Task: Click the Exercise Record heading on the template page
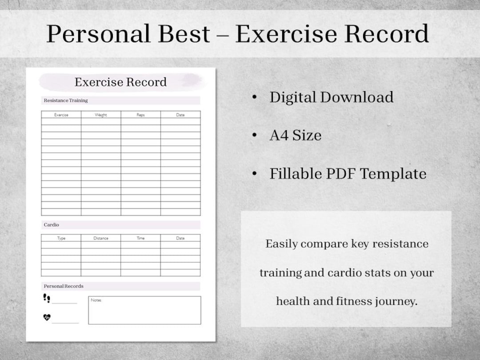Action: pyautogui.click(x=120, y=82)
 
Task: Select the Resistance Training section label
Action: pyautogui.click(x=66, y=100)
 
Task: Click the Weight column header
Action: pyautogui.click(x=101, y=115)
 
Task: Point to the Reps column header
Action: pyautogui.click(x=140, y=115)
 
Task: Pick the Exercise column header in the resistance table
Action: pyautogui.click(x=61, y=115)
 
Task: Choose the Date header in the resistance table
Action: pyautogui.click(x=180, y=115)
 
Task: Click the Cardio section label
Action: pyautogui.click(x=52, y=225)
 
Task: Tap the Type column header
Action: pyautogui.click(x=61, y=238)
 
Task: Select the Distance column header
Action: pyautogui.click(x=101, y=238)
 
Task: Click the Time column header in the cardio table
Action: pyautogui.click(x=140, y=238)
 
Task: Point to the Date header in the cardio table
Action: pyautogui.click(x=180, y=238)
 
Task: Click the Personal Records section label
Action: pyautogui.click(x=64, y=286)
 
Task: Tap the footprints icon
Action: pyautogui.click(x=47, y=298)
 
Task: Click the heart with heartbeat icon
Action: pyautogui.click(x=47, y=317)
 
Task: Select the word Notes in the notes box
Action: pyautogui.click(x=96, y=300)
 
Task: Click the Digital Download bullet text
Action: pyautogui.click(x=331, y=97)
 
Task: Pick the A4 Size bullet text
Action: pyautogui.click(x=295, y=135)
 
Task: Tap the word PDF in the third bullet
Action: pyautogui.click(x=340, y=174)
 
